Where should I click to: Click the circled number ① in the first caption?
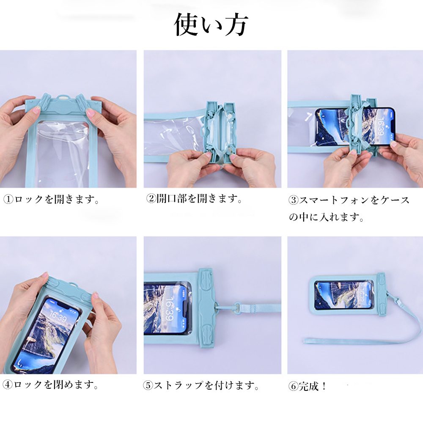point(8,200)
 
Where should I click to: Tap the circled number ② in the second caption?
point(151,199)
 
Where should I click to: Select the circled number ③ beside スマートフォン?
point(294,200)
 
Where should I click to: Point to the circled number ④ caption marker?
point(8,385)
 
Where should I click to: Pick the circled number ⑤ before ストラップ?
point(148,385)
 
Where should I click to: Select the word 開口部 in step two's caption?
point(172,199)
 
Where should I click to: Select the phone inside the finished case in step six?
point(344,295)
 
